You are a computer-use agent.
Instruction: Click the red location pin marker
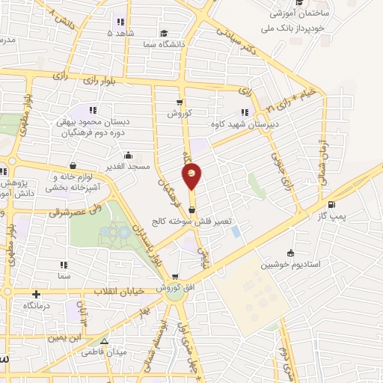click(x=192, y=175)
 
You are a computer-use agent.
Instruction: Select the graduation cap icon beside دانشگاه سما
click(x=164, y=33)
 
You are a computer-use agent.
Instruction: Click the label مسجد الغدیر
click(x=128, y=167)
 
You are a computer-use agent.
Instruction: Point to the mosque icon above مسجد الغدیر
click(x=128, y=156)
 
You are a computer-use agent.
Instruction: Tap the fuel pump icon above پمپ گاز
click(x=331, y=204)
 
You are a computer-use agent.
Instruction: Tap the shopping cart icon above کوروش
click(x=179, y=102)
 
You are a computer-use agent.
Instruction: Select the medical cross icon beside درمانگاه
click(x=37, y=293)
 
